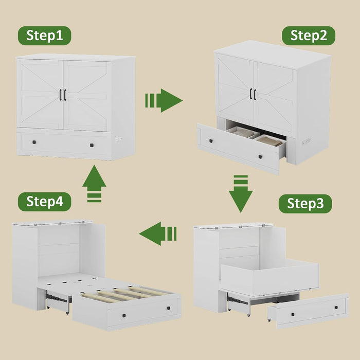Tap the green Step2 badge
click(309, 35)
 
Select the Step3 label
click(305, 204)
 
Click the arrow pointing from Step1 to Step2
click(164, 100)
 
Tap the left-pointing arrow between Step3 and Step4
click(158, 233)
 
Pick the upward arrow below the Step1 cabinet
click(94, 184)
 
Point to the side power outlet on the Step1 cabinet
click(119, 138)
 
